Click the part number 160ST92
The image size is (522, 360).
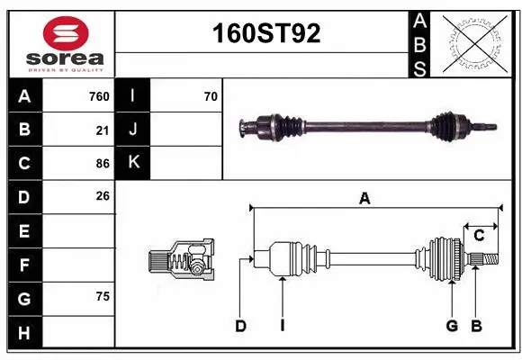coord(265,34)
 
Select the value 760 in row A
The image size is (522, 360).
coord(99,96)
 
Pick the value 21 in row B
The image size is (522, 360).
coord(102,130)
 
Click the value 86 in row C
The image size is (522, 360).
coord(102,164)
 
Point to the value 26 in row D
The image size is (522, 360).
coord(102,196)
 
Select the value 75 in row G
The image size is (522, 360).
coord(102,296)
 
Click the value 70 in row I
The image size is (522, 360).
coord(211,96)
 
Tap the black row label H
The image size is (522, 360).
coord(24,333)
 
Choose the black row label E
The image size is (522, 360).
coord(24,231)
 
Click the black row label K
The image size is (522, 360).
coord(134,163)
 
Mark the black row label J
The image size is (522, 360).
coord(134,130)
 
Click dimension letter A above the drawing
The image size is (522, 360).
coord(364,199)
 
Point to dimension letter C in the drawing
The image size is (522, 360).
coord(479,235)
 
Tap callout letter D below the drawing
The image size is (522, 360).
coord(240,326)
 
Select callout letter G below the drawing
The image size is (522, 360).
coord(452,326)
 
